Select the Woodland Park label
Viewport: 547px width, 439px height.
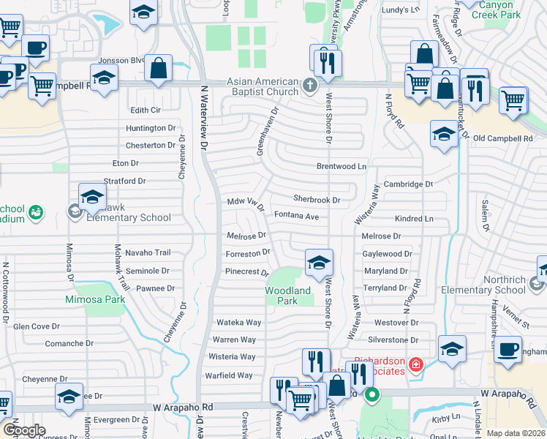pyautogui.click(x=287, y=296)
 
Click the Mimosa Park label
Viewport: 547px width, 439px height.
pyautogui.click(x=96, y=299)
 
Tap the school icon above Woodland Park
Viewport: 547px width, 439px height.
pyautogui.click(x=319, y=263)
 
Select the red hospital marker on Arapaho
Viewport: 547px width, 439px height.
pyautogui.click(x=415, y=364)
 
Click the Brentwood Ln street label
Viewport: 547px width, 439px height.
pyautogui.click(x=341, y=167)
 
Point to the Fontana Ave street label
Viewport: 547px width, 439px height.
pyautogui.click(x=296, y=217)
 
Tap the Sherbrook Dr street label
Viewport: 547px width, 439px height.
pyautogui.click(x=317, y=199)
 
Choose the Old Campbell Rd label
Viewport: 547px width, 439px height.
pyautogui.click(x=502, y=138)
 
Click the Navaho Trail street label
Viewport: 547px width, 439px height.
pyautogui.click(x=147, y=252)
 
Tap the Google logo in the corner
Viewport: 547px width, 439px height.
pyautogui.click(x=24, y=430)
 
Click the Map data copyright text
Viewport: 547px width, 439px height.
pyautogui.click(x=516, y=433)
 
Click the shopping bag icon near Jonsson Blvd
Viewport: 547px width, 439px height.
pyautogui.click(x=158, y=68)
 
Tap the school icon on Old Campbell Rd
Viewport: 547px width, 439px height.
pyautogui.click(x=443, y=133)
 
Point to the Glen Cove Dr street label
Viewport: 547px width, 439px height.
pyautogui.click(x=36, y=326)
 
